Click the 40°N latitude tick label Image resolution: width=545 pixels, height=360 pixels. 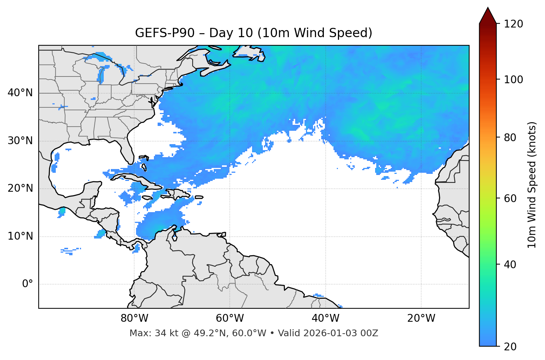click(x=20, y=93)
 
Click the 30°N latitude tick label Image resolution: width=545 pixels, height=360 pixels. click(x=20, y=141)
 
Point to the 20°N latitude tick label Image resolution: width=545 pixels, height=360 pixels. click(x=20, y=188)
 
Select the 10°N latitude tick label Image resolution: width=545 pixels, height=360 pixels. click(x=20, y=236)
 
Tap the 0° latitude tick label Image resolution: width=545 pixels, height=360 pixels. click(x=28, y=284)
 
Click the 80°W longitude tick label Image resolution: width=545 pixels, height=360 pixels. click(x=134, y=318)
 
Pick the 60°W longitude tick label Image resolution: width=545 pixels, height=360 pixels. click(x=230, y=318)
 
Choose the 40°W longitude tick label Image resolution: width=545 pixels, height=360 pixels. click(x=325, y=318)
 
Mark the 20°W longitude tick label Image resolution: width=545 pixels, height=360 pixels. click(x=421, y=318)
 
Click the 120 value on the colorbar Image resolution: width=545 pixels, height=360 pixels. click(x=513, y=24)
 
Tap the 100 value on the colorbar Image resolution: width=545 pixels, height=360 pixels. click(x=513, y=80)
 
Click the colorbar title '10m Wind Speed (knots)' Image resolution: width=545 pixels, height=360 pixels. click(x=532, y=185)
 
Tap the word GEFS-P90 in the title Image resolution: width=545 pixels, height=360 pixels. click(x=165, y=33)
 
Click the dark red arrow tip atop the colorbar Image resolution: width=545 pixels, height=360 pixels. click(x=488, y=15)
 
